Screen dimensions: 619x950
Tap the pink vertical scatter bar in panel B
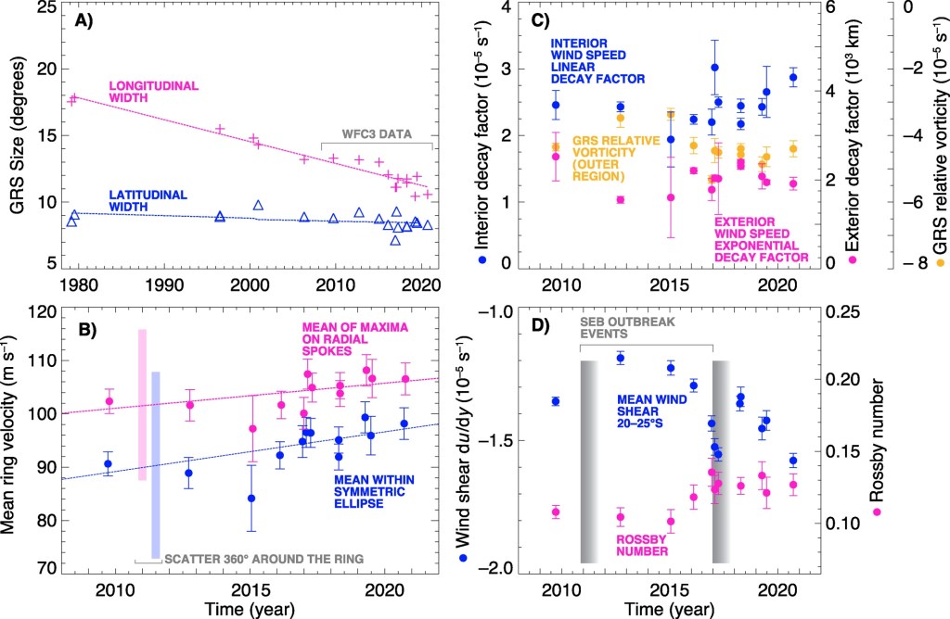click(x=142, y=404)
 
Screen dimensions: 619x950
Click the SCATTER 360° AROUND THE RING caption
click(x=263, y=558)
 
